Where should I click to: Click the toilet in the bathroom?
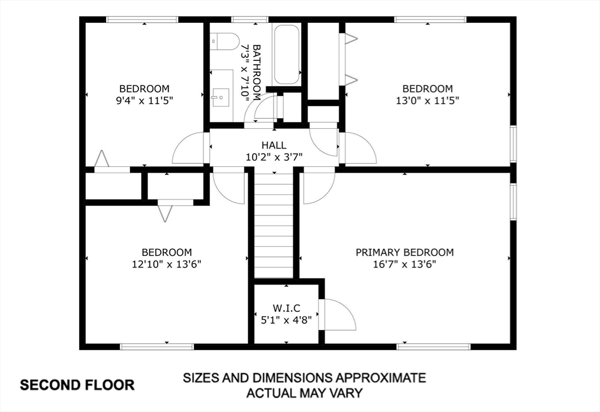pyautogui.click(x=224, y=41)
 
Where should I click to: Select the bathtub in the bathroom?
pyautogui.click(x=287, y=54)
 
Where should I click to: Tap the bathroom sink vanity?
pyautogui.click(x=221, y=95)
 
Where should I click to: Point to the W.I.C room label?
pyautogui.click(x=287, y=308)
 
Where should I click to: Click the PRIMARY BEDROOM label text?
pyautogui.click(x=404, y=252)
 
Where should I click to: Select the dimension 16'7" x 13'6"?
pyautogui.click(x=404, y=264)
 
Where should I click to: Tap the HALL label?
pyautogui.click(x=274, y=145)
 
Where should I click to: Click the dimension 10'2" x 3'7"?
pyautogui.click(x=274, y=156)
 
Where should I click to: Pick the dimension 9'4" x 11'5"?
pyautogui.click(x=144, y=100)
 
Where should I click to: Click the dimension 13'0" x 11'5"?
pyautogui.click(x=427, y=100)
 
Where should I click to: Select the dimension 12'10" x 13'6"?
pyautogui.click(x=166, y=264)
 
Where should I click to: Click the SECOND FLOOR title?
pyautogui.click(x=77, y=385)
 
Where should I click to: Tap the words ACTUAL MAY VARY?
pyautogui.click(x=304, y=393)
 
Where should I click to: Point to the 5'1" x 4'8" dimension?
pyautogui.click(x=287, y=320)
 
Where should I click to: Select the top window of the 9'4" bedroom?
pyautogui.click(x=142, y=19)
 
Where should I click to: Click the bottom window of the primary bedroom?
pyautogui.click(x=434, y=346)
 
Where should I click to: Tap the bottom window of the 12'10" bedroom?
pyautogui.click(x=156, y=346)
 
